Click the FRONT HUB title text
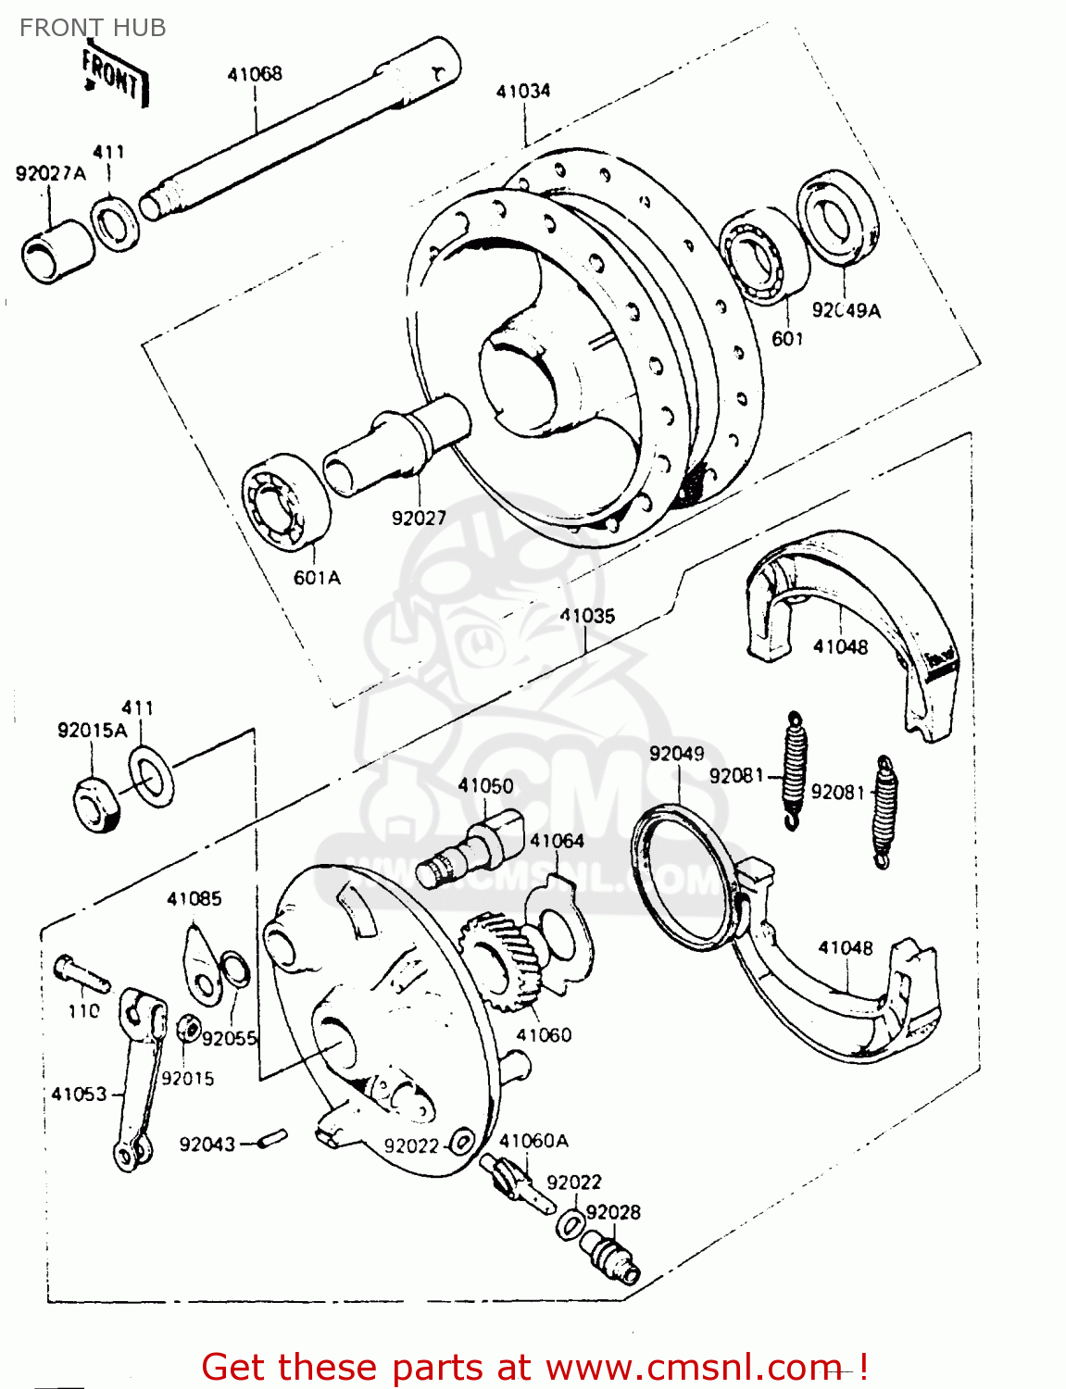tap(93, 28)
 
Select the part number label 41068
tap(255, 74)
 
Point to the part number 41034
tap(523, 91)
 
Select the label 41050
tap(485, 785)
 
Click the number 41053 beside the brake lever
tap(79, 1094)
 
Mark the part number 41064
tap(557, 841)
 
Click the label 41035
tap(587, 616)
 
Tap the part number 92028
tap(613, 1212)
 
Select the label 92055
tap(229, 1038)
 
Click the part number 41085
tap(194, 898)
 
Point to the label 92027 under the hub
tap(419, 519)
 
